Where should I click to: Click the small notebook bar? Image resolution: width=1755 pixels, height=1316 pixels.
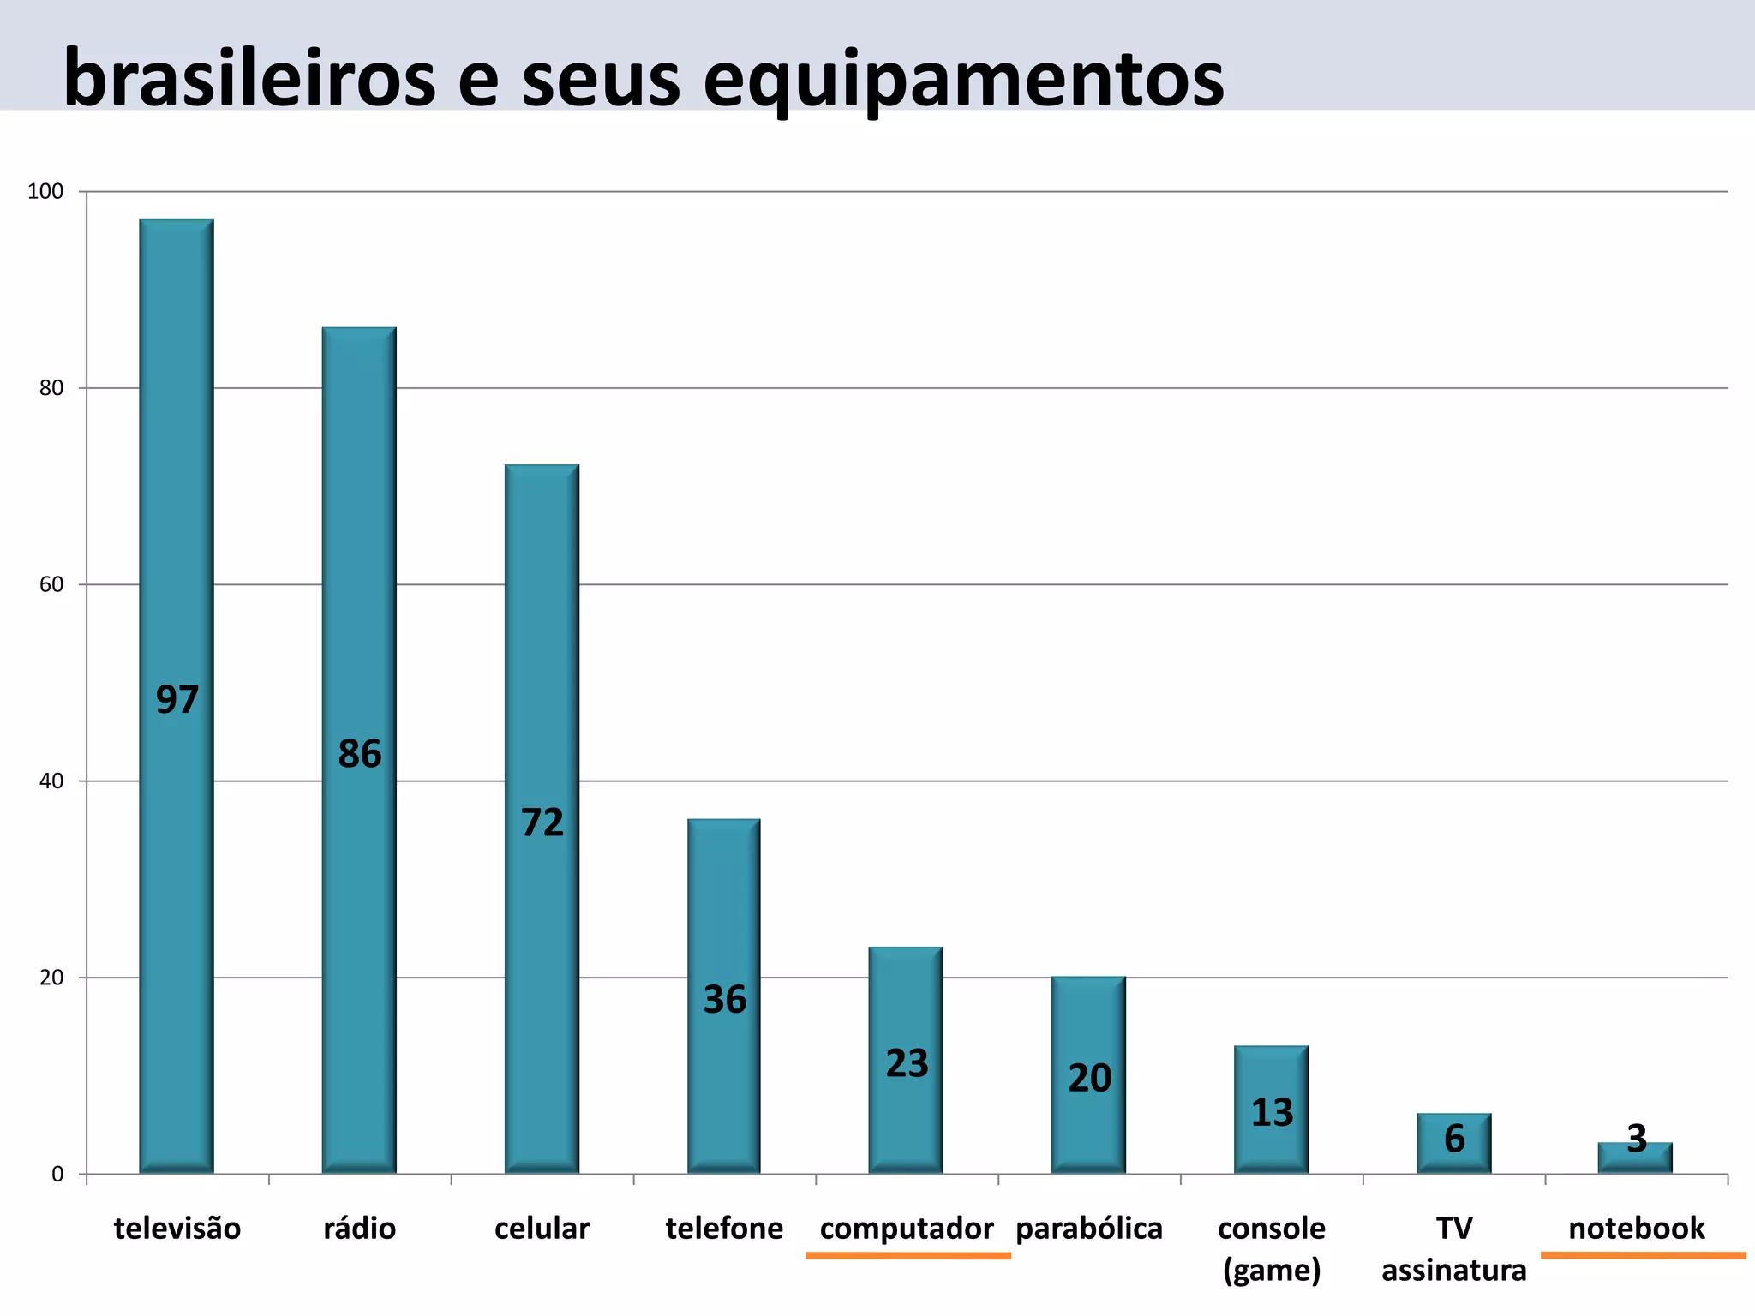[x=1635, y=1159]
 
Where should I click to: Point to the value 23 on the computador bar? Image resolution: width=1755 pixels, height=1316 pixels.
[x=907, y=1063]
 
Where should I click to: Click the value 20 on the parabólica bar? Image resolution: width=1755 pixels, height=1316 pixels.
[x=1089, y=1078]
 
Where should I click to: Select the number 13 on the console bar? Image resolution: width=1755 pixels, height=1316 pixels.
[x=1272, y=1112]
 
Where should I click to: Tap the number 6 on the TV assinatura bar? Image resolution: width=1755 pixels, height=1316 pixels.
[x=1454, y=1139]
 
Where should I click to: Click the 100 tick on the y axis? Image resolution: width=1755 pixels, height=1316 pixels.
[x=46, y=191]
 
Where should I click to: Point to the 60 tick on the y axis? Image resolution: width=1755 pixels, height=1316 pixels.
[x=51, y=584]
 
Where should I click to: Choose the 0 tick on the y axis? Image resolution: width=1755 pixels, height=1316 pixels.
[x=57, y=1174]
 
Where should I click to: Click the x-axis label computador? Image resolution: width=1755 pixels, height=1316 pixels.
[x=907, y=1229]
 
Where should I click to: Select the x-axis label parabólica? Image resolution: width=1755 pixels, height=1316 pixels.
[x=1089, y=1229]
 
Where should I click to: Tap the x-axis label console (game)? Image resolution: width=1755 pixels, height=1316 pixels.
[x=1272, y=1248]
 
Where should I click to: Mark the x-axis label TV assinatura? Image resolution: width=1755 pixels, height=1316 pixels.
[x=1454, y=1248]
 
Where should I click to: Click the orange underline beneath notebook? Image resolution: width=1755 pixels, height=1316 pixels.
[x=1643, y=1256]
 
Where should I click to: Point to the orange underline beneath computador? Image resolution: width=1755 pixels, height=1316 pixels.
[x=908, y=1256]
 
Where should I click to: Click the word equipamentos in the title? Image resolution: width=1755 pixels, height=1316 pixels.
[x=964, y=80]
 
